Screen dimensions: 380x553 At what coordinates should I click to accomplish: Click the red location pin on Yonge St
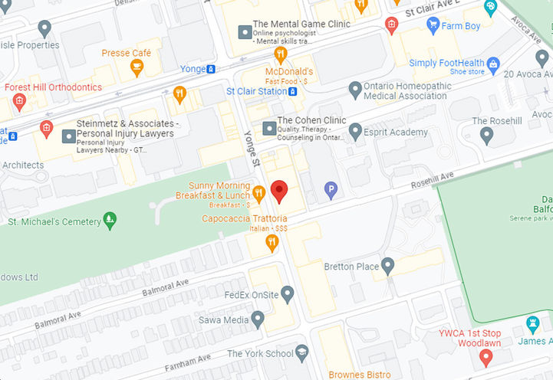tap(279, 190)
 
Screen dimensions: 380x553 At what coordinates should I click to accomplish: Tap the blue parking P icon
tap(331, 189)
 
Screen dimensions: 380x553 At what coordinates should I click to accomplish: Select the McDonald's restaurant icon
tap(281, 54)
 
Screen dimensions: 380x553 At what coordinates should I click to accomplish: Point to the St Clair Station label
tap(255, 91)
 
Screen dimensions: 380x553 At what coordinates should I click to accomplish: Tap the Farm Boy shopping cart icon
tap(433, 26)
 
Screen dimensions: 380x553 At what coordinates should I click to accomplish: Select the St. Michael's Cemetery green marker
tap(110, 221)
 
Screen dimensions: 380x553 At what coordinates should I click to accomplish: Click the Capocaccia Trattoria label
tap(234, 219)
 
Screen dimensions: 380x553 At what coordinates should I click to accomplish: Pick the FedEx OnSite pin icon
tap(288, 293)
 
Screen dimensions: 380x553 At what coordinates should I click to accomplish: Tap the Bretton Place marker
tap(388, 266)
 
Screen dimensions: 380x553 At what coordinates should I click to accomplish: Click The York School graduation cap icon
tap(303, 353)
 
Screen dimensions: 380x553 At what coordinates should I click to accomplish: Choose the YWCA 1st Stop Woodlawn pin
tap(485, 357)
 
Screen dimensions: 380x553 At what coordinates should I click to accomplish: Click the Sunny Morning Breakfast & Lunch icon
tap(259, 194)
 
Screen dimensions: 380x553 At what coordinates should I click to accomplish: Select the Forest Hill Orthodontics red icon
tap(19, 101)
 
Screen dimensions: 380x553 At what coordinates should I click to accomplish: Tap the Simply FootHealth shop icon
tap(493, 64)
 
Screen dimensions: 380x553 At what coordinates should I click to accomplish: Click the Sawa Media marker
tap(258, 319)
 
